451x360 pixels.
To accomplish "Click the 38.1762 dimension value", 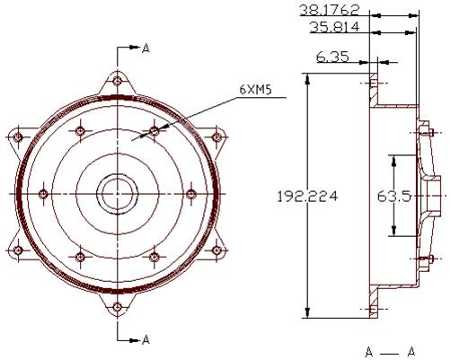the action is pos(329,10).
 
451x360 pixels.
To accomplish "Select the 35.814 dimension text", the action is pos(334,27).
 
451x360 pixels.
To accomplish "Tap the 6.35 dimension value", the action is pos(332,57).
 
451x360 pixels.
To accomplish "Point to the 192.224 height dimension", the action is pos(307,197).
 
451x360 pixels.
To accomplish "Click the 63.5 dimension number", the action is pos(394,197).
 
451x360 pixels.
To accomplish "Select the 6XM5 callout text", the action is pos(255,90).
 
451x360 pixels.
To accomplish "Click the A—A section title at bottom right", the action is pos(391,352).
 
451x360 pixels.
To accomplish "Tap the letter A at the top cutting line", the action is pos(146,48).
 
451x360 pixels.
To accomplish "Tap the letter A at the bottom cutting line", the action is pos(146,339).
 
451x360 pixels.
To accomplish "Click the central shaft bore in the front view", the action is pos(117,194).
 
